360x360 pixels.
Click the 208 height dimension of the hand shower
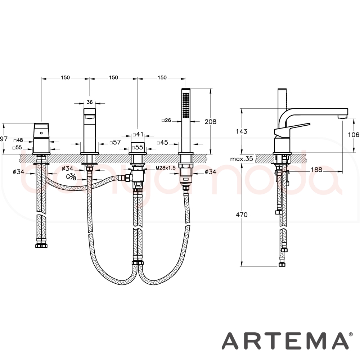tap(210, 121)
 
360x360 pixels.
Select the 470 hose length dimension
tap(242, 215)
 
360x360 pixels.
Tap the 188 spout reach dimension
tap(316, 170)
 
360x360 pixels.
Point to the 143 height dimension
tap(242, 131)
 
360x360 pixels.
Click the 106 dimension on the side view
tap(354, 135)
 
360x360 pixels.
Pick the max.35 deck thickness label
tap(241, 159)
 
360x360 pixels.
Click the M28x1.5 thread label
tap(165, 168)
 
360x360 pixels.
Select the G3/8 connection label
tap(71, 177)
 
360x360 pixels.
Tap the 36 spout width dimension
tap(90, 102)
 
